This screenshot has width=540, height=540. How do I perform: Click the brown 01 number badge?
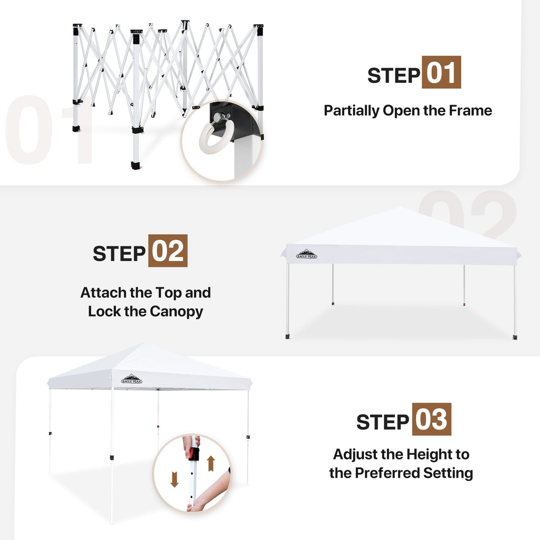pos(441,72)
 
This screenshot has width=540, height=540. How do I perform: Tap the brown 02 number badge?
pos(168,250)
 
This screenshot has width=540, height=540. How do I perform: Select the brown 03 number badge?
pos(431,419)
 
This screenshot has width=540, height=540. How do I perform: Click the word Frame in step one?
pos(470,110)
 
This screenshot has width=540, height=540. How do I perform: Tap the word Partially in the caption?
pos(351,110)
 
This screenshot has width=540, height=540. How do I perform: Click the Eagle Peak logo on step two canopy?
pos(306,254)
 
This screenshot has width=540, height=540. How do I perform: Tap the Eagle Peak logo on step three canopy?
pos(132,379)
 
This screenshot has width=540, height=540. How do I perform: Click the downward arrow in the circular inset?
pos(174,479)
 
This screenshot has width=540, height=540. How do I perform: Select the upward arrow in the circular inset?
pos(211,463)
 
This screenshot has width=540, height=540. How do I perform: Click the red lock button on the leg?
pos(193,455)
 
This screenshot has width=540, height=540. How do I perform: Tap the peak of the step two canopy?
pos(401,208)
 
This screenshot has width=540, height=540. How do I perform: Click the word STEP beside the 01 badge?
pos(394,76)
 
